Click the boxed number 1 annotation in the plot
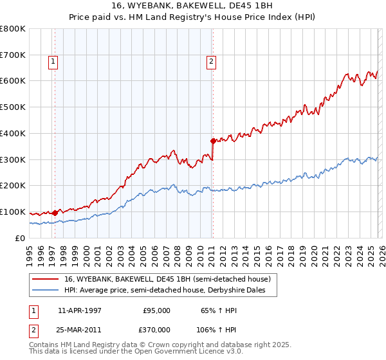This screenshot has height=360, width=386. click(x=53, y=62)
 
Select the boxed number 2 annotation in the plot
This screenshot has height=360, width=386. click(x=211, y=62)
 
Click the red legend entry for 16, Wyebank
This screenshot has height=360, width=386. click(x=170, y=279)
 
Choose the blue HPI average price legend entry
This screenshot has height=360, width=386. click(x=169, y=291)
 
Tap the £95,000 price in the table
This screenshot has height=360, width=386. click(x=156, y=310)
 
